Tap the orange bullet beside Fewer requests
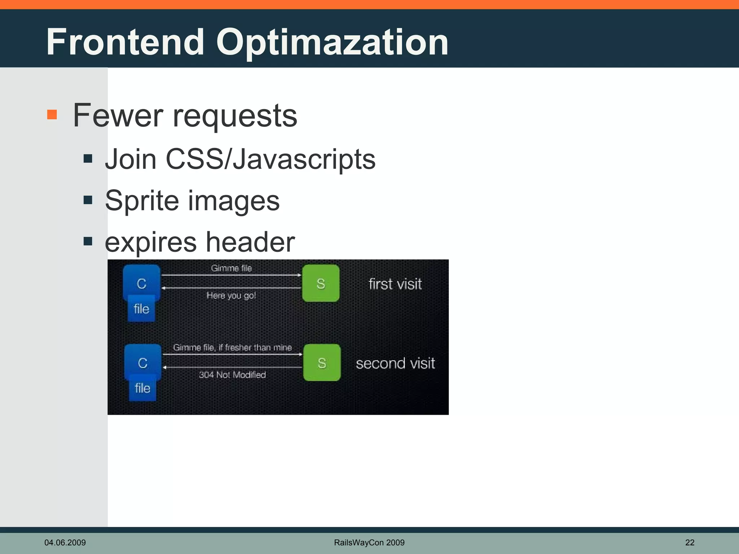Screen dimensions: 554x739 coord(52,114)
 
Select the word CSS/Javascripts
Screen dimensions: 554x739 coord(270,159)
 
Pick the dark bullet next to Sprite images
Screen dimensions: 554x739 coord(88,200)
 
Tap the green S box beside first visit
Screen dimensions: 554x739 coord(321,283)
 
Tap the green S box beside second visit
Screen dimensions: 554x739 coord(322,362)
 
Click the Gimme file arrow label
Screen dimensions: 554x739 coord(231,268)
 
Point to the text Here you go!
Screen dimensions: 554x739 coord(231,296)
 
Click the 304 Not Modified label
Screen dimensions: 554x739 coord(232,375)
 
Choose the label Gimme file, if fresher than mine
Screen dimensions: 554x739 coord(232,348)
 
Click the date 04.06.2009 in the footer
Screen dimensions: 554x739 coord(65,542)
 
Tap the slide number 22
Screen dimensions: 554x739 coord(690,542)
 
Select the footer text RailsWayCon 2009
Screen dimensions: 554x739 coord(369,542)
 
